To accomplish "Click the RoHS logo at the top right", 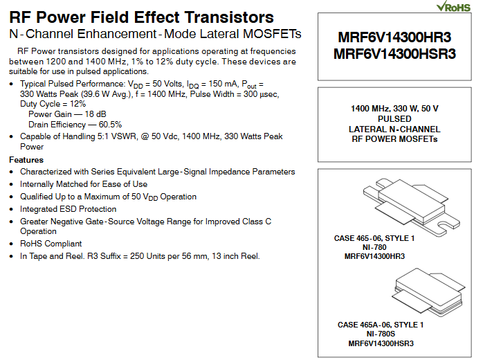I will coord(453,7).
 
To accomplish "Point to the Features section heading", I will coord(26,160).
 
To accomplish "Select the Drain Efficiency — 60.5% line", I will coord(70,125).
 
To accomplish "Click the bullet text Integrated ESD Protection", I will coord(68,209).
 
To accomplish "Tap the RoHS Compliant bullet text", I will coord(51,244).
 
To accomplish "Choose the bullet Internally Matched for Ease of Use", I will coord(83,184).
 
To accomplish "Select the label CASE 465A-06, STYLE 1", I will coord(380,325).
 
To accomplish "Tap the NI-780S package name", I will coord(380,334).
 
